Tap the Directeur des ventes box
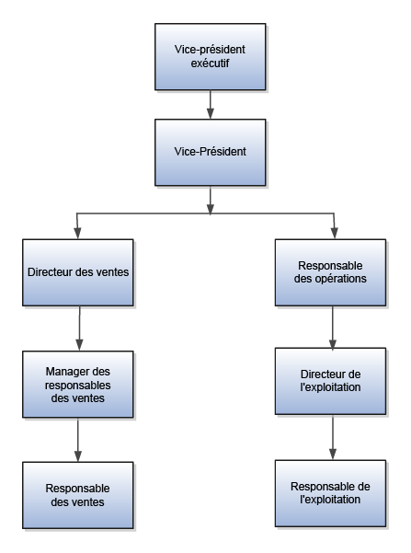(x=78, y=272)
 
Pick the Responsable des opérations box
(x=333, y=272)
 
